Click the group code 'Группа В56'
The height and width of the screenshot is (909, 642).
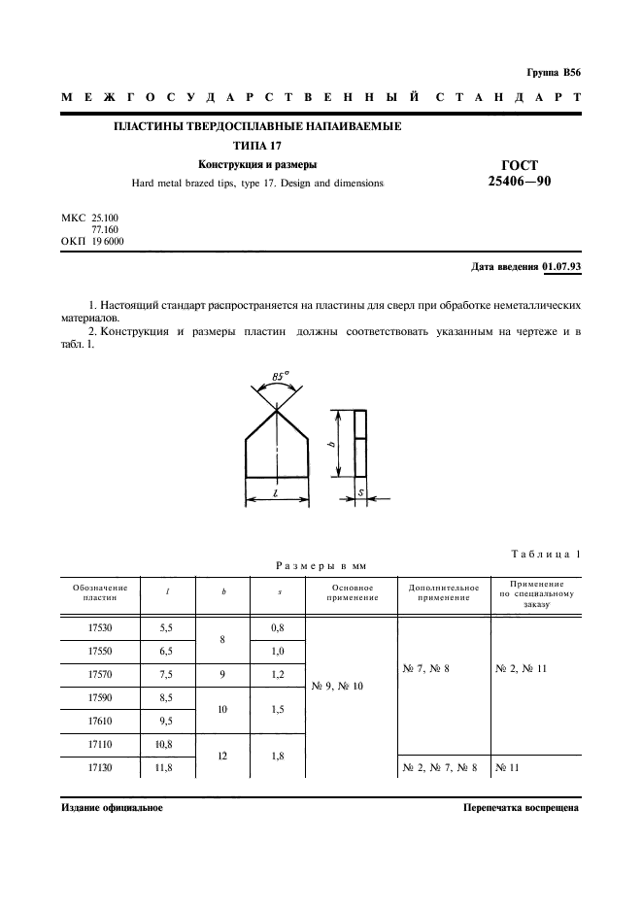553,73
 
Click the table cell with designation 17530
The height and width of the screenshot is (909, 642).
101,628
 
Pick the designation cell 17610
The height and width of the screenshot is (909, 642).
101,722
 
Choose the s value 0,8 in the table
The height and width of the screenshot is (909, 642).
278,628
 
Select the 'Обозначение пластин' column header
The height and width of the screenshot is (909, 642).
101,592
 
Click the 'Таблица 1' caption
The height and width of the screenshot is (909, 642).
545,554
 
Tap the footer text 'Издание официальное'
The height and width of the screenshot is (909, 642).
112,807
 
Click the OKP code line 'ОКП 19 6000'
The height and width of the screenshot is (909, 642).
92,241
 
